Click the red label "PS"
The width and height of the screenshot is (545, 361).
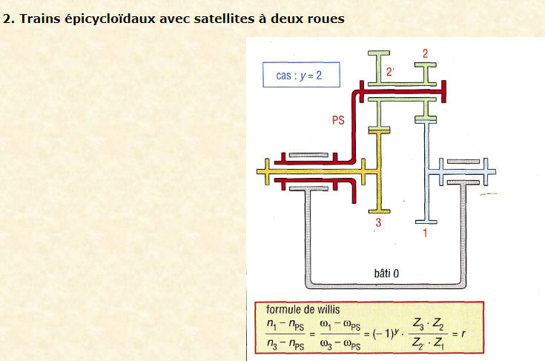337,119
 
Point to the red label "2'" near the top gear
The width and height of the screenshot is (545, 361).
391,71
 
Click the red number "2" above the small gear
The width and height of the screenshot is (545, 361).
425,53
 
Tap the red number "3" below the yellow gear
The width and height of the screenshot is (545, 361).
377,222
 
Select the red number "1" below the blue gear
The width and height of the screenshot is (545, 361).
425,233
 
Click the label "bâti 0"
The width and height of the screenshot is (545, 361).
383,274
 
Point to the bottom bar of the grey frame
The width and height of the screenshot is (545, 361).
385,285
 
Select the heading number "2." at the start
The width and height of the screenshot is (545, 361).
9,19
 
